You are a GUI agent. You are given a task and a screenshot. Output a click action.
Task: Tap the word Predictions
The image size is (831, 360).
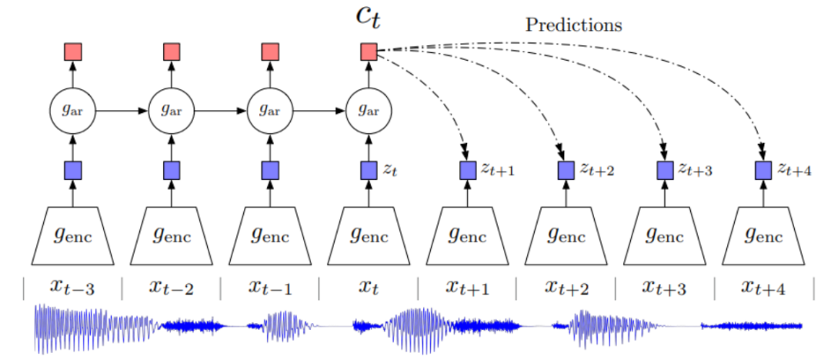tap(573, 25)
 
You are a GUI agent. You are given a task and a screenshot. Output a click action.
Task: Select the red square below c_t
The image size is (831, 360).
tap(368, 52)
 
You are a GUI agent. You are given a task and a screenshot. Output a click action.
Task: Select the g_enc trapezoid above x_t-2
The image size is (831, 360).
tap(171, 235)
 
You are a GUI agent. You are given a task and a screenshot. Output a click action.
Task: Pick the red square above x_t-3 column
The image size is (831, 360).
tap(72, 52)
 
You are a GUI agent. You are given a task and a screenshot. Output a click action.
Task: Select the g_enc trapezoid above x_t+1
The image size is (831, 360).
tap(467, 235)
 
